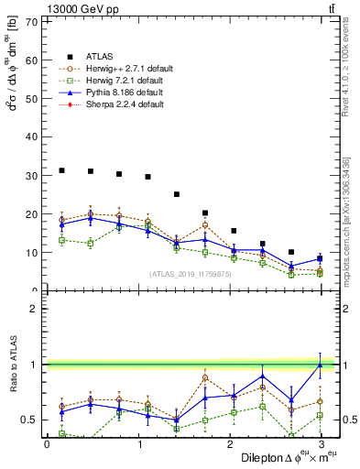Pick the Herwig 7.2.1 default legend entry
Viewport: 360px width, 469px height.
[x=125, y=81]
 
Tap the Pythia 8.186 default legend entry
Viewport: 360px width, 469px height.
[x=125, y=93]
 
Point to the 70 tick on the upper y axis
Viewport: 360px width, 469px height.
[x=34, y=20]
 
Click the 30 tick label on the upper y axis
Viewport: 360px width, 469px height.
[x=34, y=175]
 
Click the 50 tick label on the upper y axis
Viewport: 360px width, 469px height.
[x=34, y=98]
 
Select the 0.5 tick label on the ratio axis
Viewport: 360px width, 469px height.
[x=31, y=420]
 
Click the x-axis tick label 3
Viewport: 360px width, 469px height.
[x=320, y=444]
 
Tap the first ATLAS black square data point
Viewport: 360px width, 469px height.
[x=61, y=170]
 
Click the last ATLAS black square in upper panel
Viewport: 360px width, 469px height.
[x=320, y=259]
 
